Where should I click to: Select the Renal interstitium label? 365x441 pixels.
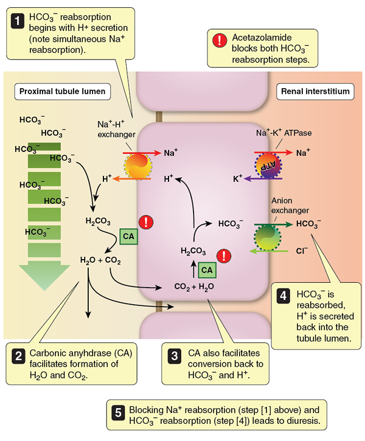click(x=316, y=91)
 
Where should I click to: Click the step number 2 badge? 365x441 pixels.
click(x=19, y=355)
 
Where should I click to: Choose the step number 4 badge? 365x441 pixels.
click(x=283, y=296)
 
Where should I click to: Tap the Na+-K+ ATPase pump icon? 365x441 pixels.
click(x=266, y=165)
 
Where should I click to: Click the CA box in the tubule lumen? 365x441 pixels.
click(x=128, y=235)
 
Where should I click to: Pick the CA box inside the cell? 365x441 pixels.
click(x=207, y=269)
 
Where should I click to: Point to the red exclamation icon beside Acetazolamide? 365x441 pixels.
click(x=218, y=40)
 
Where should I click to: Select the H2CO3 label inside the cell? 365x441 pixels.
click(x=193, y=250)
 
